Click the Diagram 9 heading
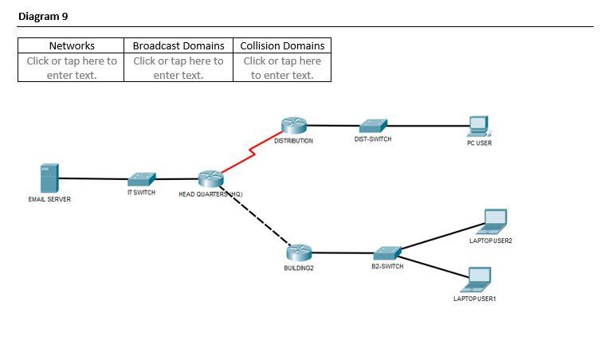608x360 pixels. pyautogui.click(x=40, y=16)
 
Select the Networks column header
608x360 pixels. pyautogui.click(x=71, y=45)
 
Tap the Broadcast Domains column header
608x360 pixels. pyautogui.click(x=178, y=45)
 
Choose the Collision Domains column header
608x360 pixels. pyautogui.click(x=282, y=45)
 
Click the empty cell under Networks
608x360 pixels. pyautogui.click(x=71, y=68)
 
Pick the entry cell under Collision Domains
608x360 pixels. pyautogui.click(x=282, y=68)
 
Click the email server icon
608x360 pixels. pyautogui.click(x=49, y=178)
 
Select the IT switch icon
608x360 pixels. pyautogui.click(x=142, y=179)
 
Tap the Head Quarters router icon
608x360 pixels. pyautogui.click(x=210, y=180)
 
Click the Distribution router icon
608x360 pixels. pyautogui.click(x=293, y=126)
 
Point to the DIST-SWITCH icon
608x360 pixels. pyautogui.click(x=372, y=126)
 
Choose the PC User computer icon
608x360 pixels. pyautogui.click(x=479, y=127)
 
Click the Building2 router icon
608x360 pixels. pyautogui.click(x=299, y=252)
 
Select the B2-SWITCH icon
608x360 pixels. pyautogui.click(x=387, y=253)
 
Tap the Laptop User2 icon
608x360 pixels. pyautogui.click(x=494, y=221)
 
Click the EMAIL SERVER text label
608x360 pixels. pyautogui.click(x=49, y=199)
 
